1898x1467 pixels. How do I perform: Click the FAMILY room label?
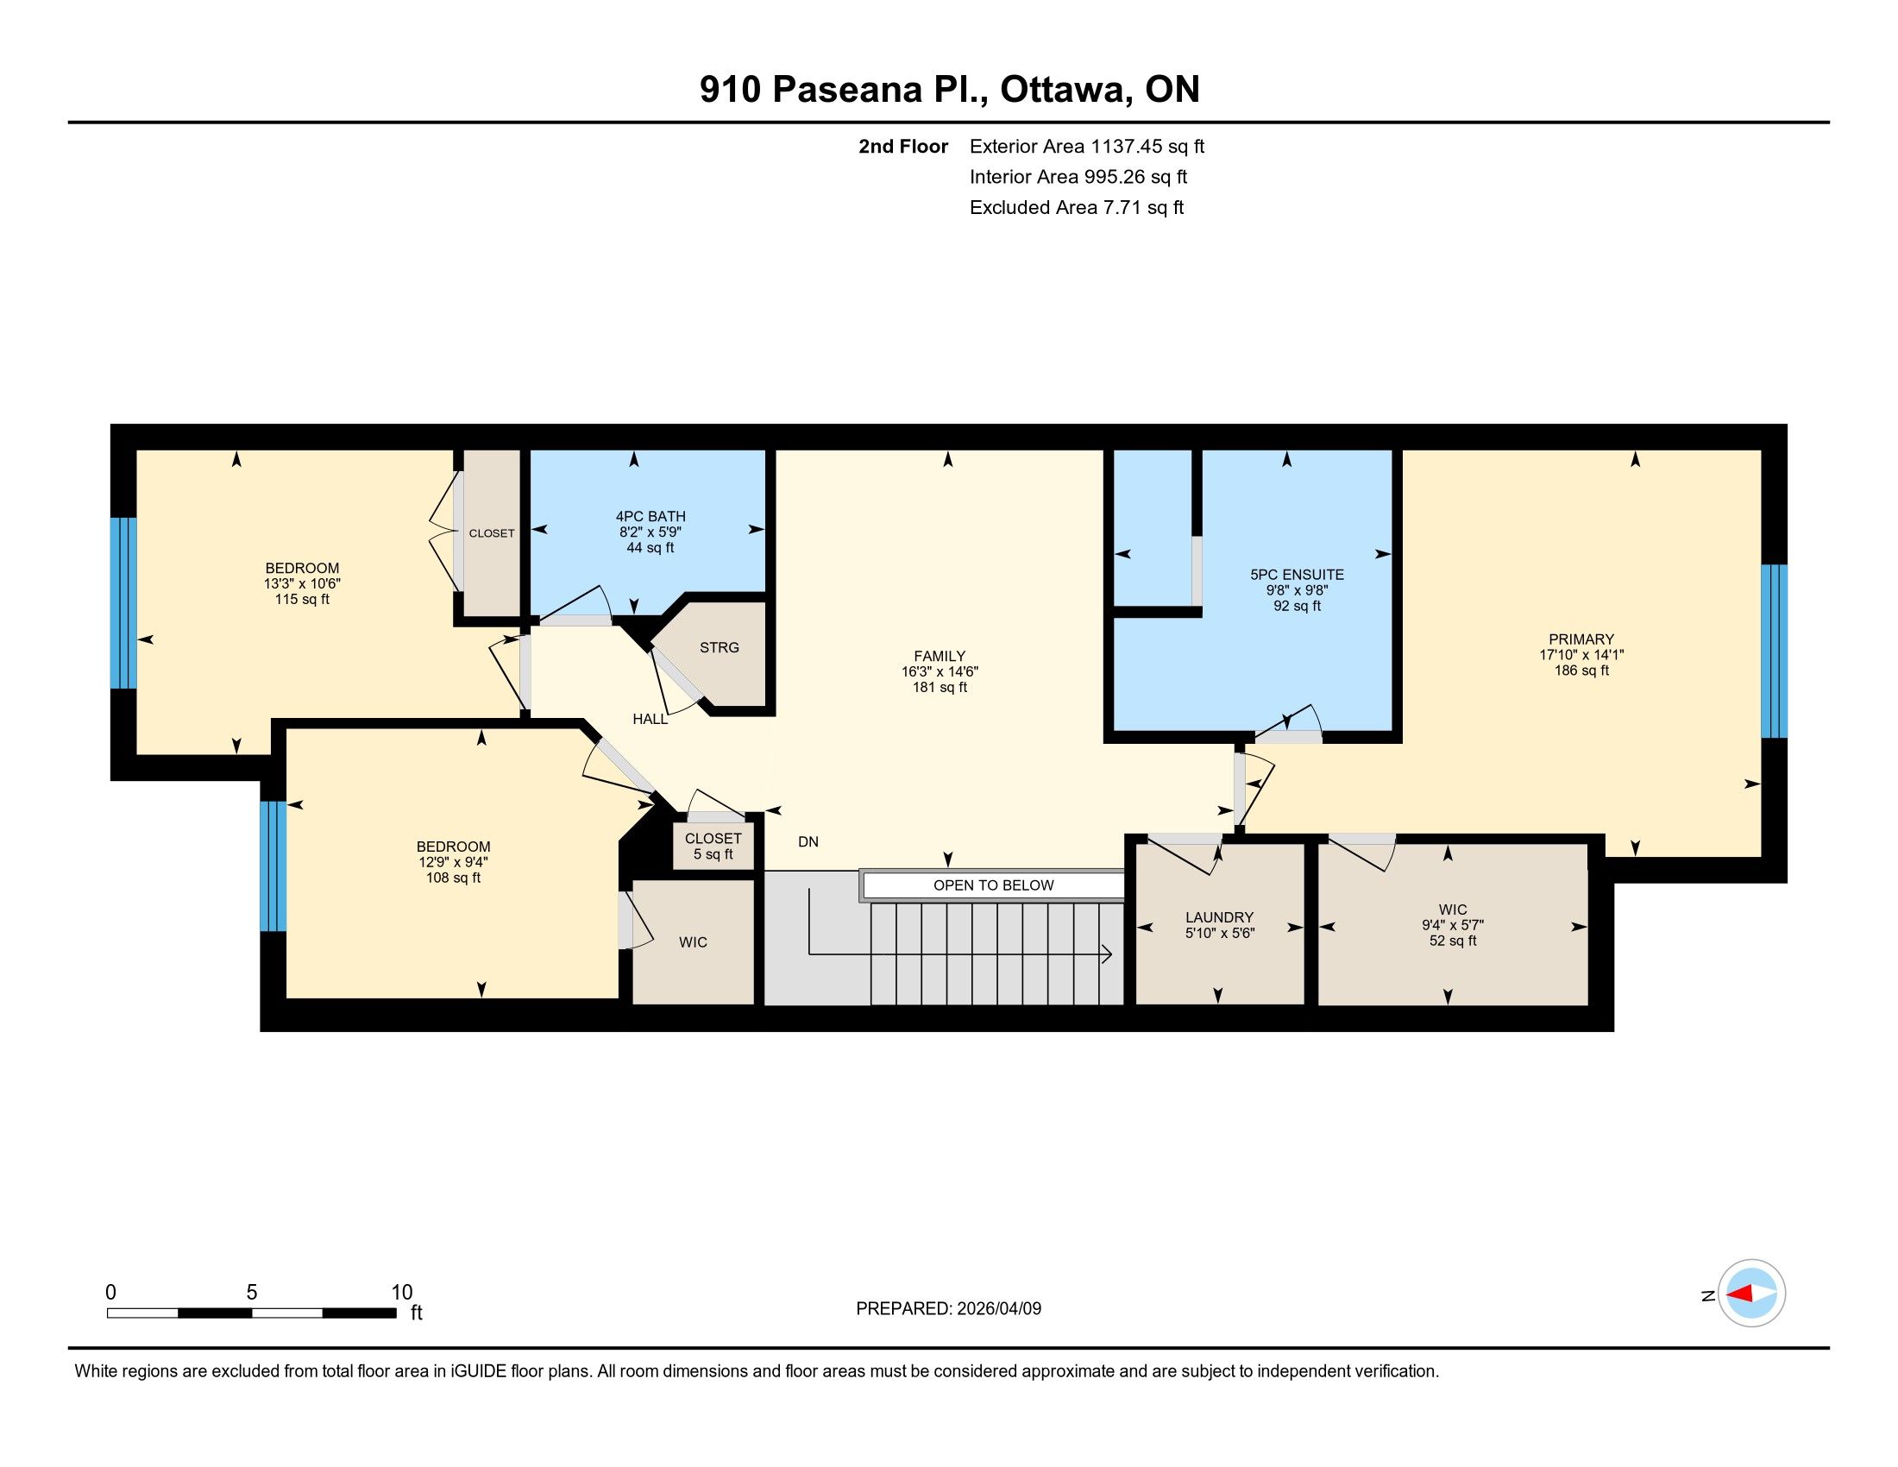pos(940,656)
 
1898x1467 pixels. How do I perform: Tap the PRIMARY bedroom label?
pos(1581,639)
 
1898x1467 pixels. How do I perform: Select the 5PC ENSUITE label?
pos(1297,575)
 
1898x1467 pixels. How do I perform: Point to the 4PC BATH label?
pos(650,516)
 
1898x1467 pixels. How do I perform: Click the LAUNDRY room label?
pos(1219,916)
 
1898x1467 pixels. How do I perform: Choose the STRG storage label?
pos(720,647)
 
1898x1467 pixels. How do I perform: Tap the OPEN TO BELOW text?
pos(993,885)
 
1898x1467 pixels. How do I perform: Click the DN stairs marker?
pos(808,841)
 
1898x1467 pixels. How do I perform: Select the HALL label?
pos(650,719)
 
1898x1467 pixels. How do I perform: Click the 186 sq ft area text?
pos(1581,670)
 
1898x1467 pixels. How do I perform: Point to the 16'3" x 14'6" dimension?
pos(940,671)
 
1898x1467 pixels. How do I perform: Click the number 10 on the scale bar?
pos(401,1293)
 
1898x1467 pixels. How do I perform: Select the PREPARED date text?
pos(948,1309)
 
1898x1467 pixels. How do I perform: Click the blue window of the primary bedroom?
pos(1774,652)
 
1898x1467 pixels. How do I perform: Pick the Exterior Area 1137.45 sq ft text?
pos(1087,146)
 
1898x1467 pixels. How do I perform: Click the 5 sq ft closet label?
pos(713,854)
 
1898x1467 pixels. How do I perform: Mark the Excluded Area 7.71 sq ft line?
pos(1077,207)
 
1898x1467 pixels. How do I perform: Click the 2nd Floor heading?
pos(903,146)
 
